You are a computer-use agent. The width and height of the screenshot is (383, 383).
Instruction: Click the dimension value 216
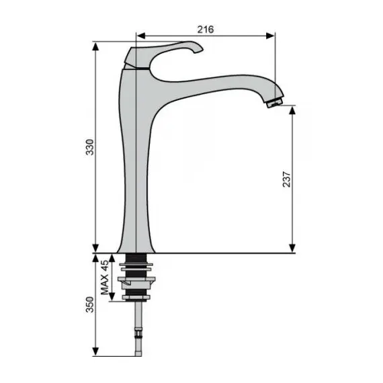point(206,30)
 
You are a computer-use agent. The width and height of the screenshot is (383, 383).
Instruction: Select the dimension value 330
point(89,147)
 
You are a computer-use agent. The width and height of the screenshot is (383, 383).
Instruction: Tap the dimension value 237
point(286,179)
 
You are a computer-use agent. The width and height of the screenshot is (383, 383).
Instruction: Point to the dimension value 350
point(89,304)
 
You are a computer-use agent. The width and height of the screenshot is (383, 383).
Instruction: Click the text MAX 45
point(105,278)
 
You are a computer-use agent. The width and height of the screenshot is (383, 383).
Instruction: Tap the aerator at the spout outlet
point(275,102)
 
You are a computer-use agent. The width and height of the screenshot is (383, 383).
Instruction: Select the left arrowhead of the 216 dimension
point(141,36)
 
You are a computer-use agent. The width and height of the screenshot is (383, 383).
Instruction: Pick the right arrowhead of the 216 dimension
point(270,36)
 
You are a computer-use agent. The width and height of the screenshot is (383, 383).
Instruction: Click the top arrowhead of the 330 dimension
point(95,46)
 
